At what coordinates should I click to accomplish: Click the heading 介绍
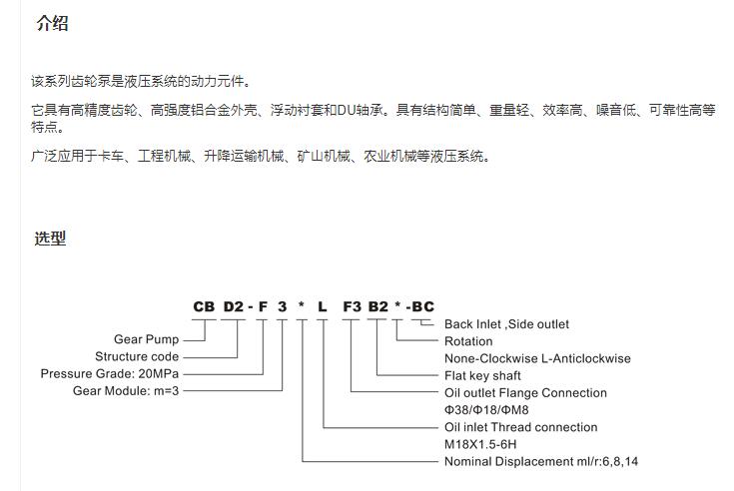click(x=52, y=23)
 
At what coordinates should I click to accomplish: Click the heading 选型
click(x=50, y=239)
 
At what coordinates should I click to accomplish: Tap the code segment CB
click(x=204, y=306)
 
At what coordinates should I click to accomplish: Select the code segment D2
click(x=233, y=306)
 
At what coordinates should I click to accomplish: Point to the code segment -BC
click(x=420, y=306)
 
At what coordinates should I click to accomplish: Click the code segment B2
click(x=378, y=306)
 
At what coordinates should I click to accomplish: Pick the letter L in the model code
click(x=322, y=306)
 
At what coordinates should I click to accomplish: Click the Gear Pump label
click(x=146, y=339)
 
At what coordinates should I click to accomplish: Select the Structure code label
click(x=137, y=356)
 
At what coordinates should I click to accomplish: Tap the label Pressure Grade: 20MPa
click(x=110, y=373)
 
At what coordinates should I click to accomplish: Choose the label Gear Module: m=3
click(x=126, y=390)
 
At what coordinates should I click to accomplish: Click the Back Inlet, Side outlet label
click(x=506, y=324)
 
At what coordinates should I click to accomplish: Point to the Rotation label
click(x=468, y=341)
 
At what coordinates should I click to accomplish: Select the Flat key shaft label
click(x=482, y=375)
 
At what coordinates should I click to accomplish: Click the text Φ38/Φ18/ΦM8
click(x=486, y=410)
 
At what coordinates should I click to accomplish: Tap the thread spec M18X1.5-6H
click(x=480, y=444)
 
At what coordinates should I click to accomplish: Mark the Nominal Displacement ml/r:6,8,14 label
click(x=541, y=461)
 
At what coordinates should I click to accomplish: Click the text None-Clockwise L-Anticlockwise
click(x=537, y=358)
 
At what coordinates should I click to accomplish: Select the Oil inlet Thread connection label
click(x=521, y=427)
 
